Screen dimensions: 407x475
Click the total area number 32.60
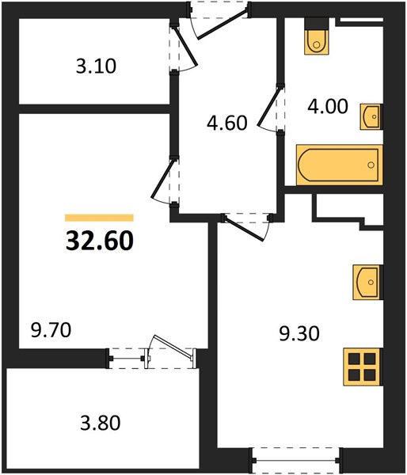[x=100, y=241]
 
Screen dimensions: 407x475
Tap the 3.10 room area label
[x=96, y=66]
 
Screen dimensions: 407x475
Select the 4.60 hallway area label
[x=227, y=123]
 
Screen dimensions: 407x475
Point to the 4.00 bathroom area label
[x=328, y=107]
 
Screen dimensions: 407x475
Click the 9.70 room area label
[x=51, y=330]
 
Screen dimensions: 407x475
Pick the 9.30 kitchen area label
[x=299, y=333]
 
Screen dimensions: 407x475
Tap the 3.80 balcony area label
[x=101, y=423]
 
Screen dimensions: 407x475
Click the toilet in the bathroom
[x=317, y=36]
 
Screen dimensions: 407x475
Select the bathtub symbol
[x=340, y=165]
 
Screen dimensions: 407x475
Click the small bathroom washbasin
[x=371, y=116]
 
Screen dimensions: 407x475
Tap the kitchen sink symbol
[x=367, y=283]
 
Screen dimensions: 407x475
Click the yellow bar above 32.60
[x=100, y=218]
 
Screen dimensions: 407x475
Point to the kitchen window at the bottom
[x=297, y=461]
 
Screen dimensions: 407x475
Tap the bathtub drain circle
[x=371, y=165]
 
